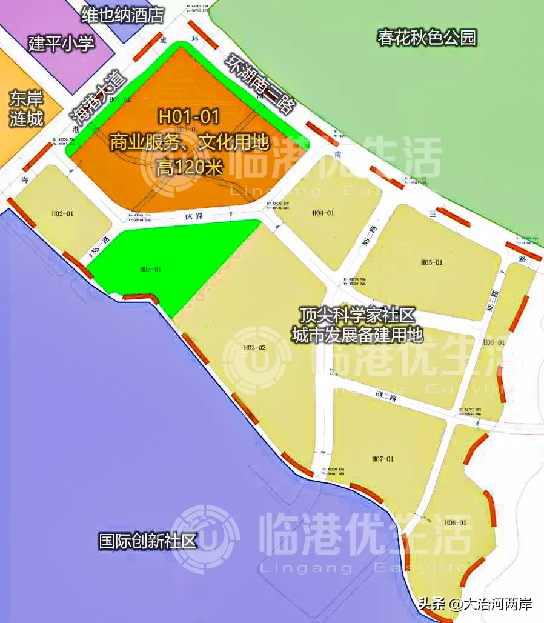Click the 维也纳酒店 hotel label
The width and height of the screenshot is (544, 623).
(x=122, y=15)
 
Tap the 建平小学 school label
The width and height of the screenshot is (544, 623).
(x=62, y=44)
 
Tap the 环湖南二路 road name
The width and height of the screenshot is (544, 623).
(x=259, y=84)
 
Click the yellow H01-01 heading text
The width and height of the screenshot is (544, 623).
(x=188, y=115)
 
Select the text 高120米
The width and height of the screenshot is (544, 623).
(x=188, y=166)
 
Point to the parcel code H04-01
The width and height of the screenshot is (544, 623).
(x=323, y=213)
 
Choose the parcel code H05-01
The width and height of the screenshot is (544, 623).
(x=432, y=262)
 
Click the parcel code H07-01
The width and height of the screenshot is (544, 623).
(x=382, y=459)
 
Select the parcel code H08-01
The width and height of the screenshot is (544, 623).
(x=456, y=522)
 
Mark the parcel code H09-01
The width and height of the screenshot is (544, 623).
(x=494, y=342)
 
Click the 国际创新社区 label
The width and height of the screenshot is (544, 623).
(x=148, y=541)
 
